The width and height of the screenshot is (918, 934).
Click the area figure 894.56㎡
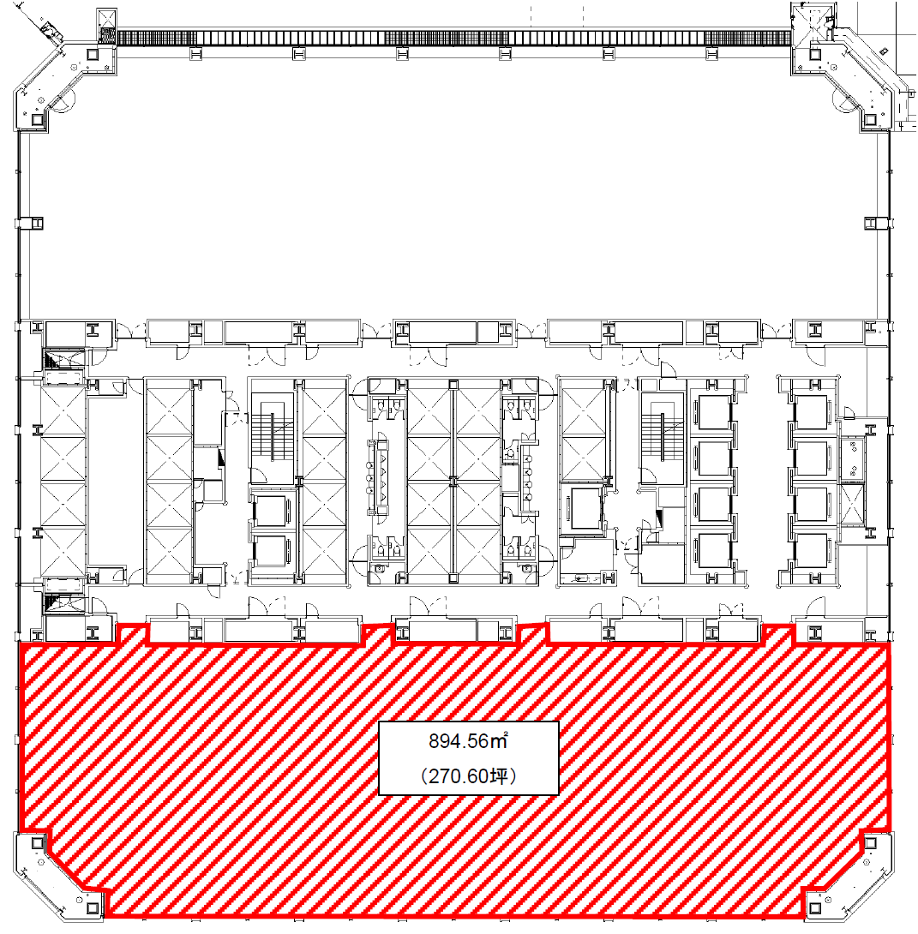pos(468,741)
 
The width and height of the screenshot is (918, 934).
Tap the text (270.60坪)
pos(468,776)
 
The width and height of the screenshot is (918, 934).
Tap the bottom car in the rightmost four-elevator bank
pos(811,550)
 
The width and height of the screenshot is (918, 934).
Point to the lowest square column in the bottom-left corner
pos(92,908)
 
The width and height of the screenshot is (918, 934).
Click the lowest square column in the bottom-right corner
pos(815,908)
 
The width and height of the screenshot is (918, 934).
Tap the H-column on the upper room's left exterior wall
pos(37,224)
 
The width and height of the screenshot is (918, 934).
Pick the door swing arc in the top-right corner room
pos(849,101)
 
